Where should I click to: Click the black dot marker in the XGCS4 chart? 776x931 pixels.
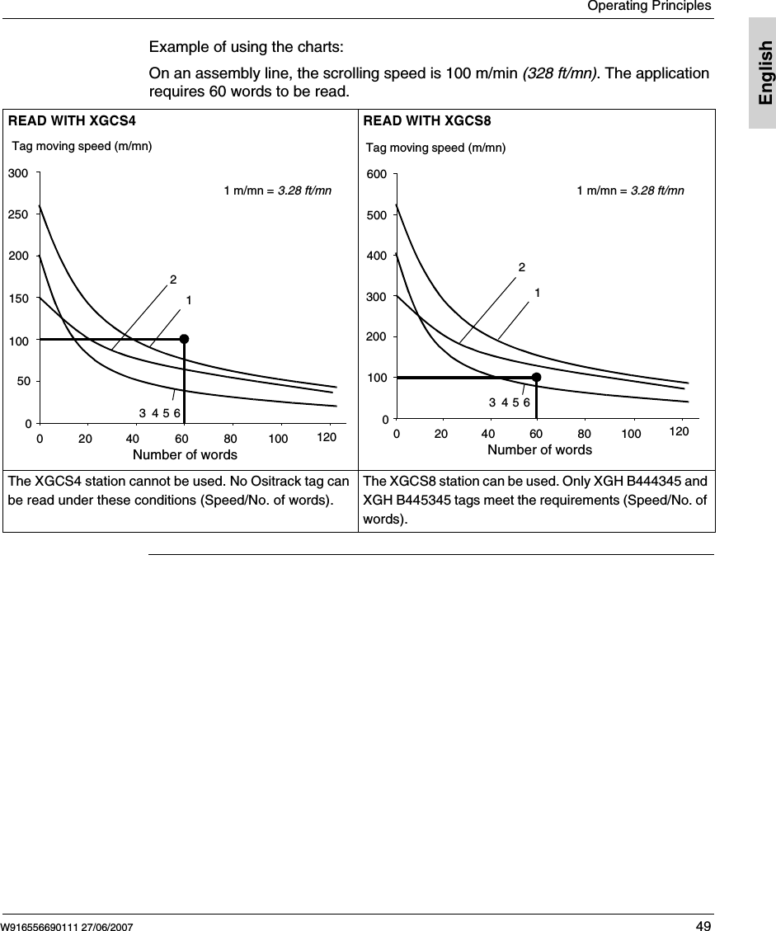click(184, 339)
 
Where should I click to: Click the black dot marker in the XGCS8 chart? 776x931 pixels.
click(536, 377)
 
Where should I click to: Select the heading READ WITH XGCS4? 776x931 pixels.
click(72, 121)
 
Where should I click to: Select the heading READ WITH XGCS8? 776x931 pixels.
click(427, 121)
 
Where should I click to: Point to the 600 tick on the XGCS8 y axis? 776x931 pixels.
click(376, 175)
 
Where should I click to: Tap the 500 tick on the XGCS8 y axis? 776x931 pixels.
click(376, 214)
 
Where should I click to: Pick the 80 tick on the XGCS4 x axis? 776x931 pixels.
click(231, 439)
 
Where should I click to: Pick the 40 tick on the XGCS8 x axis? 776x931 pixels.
click(488, 434)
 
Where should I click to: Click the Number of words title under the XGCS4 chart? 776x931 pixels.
click(185, 455)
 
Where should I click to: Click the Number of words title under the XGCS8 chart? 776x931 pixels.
click(539, 449)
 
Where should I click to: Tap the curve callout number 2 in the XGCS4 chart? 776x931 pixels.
click(173, 280)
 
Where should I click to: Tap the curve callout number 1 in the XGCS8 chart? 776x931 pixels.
click(537, 293)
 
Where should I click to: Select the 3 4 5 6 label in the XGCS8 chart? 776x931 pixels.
click(509, 402)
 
